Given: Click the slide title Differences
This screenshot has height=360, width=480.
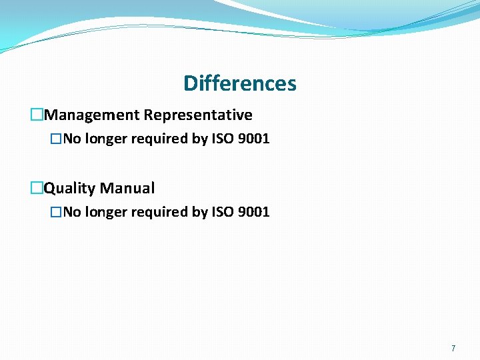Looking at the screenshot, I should tap(239, 84).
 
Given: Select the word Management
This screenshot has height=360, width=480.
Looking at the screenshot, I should tap(91, 115).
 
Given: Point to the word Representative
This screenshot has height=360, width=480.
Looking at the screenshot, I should tap(198, 115).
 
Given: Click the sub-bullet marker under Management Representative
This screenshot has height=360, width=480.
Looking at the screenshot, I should tap(57, 139).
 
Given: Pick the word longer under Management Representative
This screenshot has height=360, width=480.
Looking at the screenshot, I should tap(103, 139).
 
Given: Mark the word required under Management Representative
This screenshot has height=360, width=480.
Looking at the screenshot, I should tap(157, 139).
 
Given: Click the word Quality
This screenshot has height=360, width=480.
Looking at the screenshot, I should tap(69, 189).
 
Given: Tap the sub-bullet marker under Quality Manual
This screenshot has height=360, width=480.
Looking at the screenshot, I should tap(57, 213).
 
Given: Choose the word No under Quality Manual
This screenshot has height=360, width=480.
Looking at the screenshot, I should tap(72, 213).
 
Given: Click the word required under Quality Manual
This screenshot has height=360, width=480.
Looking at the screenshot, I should tap(157, 213).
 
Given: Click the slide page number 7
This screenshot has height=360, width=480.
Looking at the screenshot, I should tap(453, 348).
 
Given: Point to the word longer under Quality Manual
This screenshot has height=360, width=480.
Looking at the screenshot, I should tap(103, 213).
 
